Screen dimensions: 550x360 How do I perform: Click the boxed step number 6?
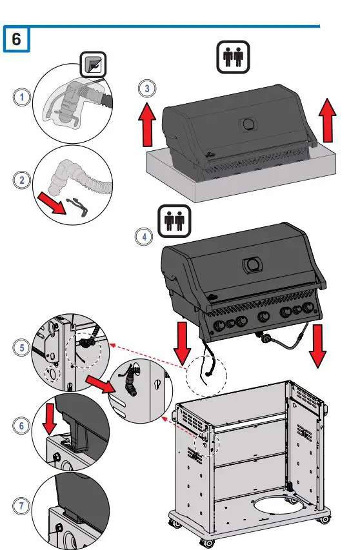coord(16,39)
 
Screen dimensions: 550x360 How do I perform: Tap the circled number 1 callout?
coord(22,97)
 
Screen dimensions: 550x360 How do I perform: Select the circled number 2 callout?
coord(22,180)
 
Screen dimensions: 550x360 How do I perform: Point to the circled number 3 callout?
coord(146,88)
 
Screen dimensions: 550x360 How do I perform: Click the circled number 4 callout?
coord(144,237)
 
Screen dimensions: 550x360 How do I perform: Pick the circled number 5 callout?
coord(22,348)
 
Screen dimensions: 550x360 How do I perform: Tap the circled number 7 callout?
coord(22,505)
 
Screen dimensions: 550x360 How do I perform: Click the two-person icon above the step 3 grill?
coord(232,57)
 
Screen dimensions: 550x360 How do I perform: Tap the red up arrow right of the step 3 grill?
coord(328,121)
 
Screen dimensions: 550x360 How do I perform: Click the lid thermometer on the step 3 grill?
coord(247,124)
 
